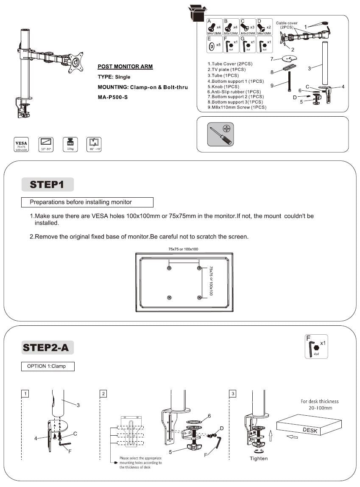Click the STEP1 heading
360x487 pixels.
(x=47, y=185)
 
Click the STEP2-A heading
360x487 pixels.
(x=48, y=347)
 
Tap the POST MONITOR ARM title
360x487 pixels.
(x=125, y=67)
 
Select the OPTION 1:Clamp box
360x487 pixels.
(x=47, y=366)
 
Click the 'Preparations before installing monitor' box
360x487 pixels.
(x=87, y=202)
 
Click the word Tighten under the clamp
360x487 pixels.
(x=259, y=458)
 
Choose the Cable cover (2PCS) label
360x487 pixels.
(x=287, y=25)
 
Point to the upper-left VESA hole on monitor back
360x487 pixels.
(x=170, y=269)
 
